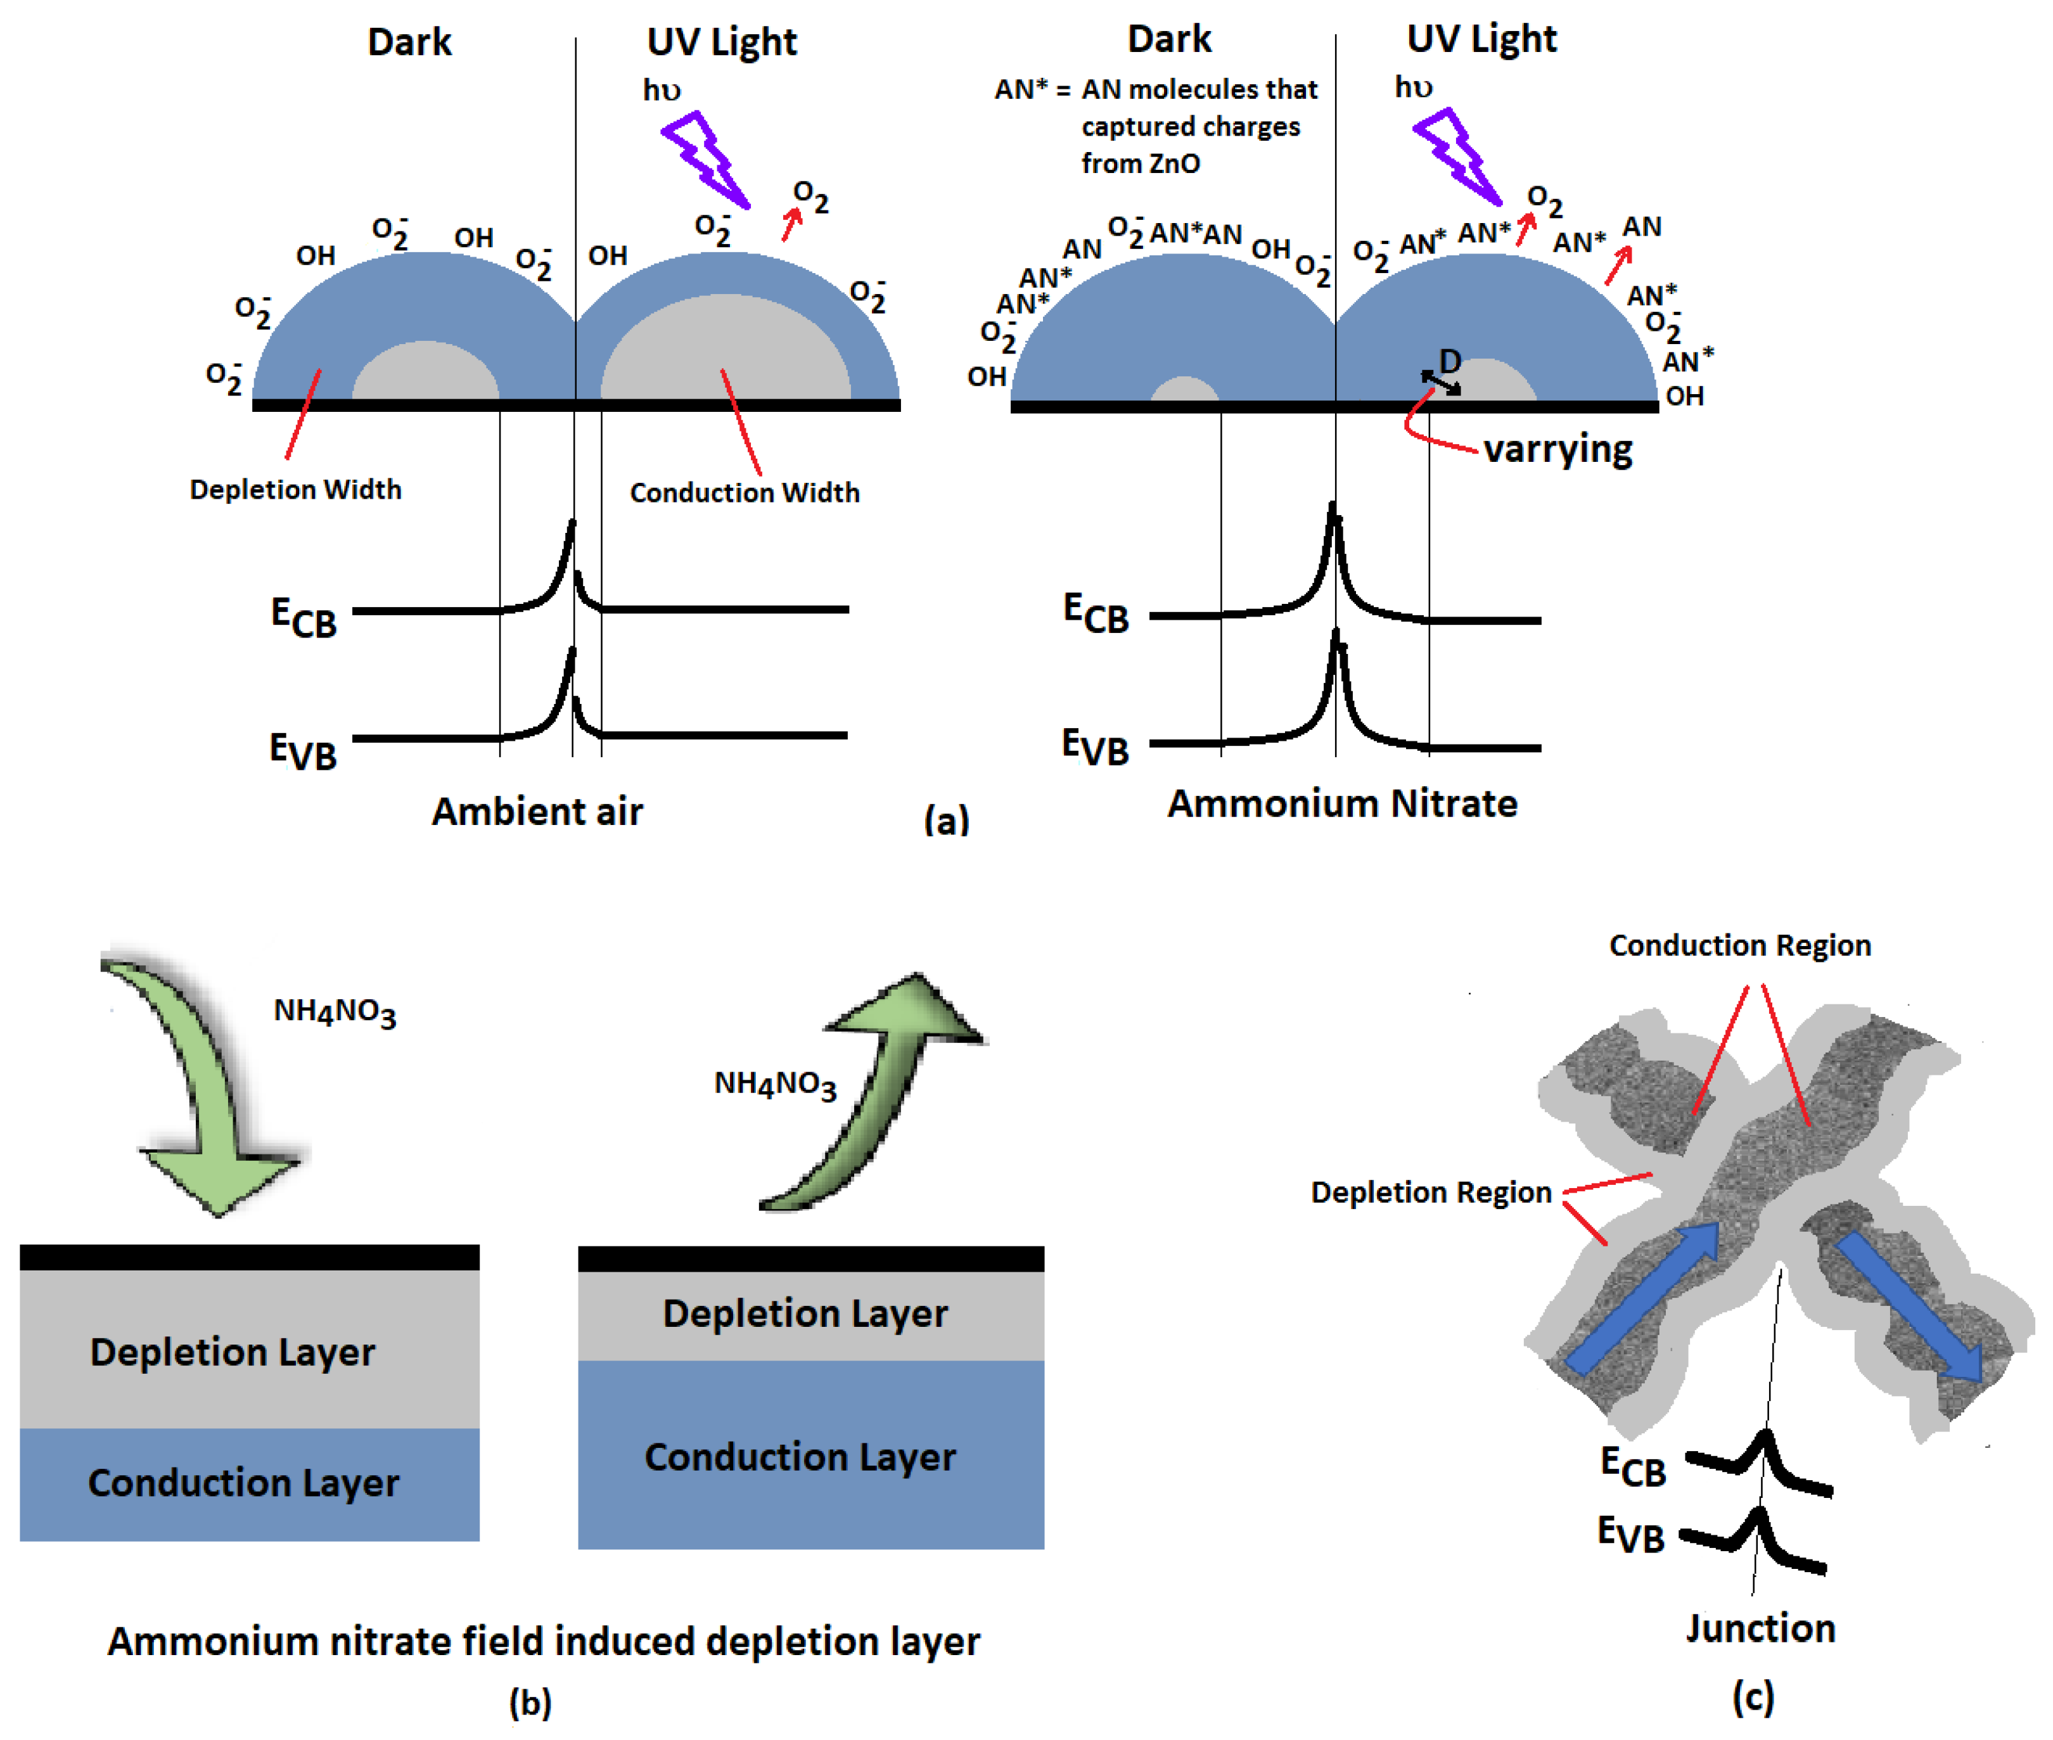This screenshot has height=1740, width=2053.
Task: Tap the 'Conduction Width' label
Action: click(x=745, y=492)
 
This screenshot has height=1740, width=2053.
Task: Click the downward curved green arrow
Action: click(x=202, y=1085)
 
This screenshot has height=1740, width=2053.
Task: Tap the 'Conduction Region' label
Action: click(x=1739, y=945)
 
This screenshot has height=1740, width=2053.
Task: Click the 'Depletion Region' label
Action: click(x=1431, y=1193)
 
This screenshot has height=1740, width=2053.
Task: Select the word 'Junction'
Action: click(x=1760, y=1628)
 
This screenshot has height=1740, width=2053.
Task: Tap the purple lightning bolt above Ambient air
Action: click(x=705, y=158)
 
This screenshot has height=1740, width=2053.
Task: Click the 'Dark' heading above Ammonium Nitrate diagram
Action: click(x=1169, y=39)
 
